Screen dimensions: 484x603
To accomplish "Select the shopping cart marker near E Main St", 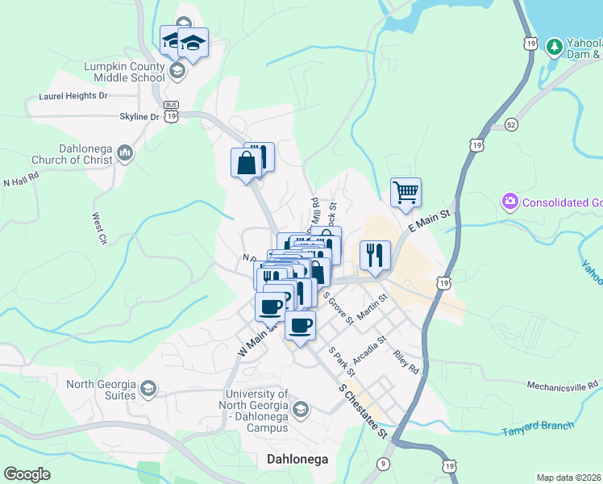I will [405, 193].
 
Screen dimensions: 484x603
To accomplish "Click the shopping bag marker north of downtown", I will [245, 164].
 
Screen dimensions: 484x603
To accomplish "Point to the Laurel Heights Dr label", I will [73, 96].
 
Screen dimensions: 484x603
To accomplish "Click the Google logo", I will [27, 474].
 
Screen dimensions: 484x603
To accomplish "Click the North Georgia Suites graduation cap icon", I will [148, 390].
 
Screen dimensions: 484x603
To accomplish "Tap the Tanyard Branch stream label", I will [538, 428].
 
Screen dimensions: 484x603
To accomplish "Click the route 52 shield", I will [510, 124].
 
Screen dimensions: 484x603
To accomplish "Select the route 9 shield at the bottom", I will [383, 463].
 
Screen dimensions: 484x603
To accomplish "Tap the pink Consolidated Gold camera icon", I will [509, 201].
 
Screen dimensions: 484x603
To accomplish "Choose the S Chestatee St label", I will [364, 411].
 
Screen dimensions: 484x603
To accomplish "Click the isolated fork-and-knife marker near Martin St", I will [375, 256].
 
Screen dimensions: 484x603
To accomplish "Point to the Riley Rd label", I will [406, 361].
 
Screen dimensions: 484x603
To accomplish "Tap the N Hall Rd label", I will [21, 181].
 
